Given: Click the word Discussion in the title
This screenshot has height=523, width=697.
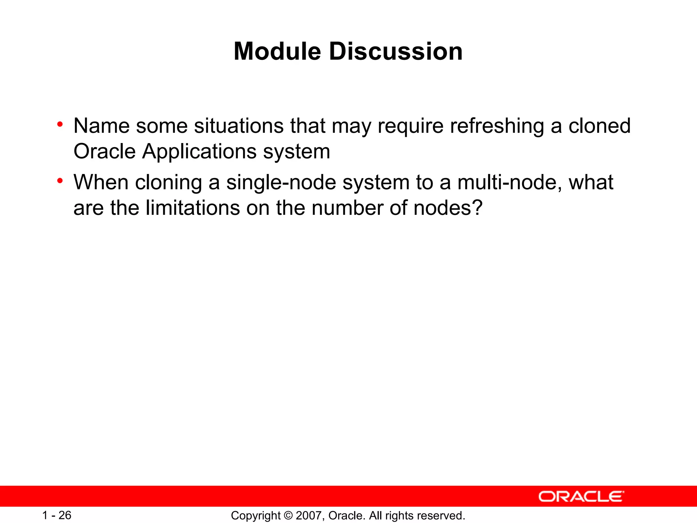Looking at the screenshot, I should [x=395, y=52].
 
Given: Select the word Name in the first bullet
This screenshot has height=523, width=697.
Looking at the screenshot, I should [x=101, y=126].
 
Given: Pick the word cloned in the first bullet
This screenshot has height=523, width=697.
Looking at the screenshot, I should [x=599, y=126].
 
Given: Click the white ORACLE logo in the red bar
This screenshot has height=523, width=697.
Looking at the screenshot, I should [x=581, y=496].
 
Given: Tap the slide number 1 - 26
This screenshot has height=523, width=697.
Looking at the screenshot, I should [x=56, y=515].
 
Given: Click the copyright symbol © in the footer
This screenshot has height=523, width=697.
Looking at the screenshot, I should [x=288, y=516].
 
